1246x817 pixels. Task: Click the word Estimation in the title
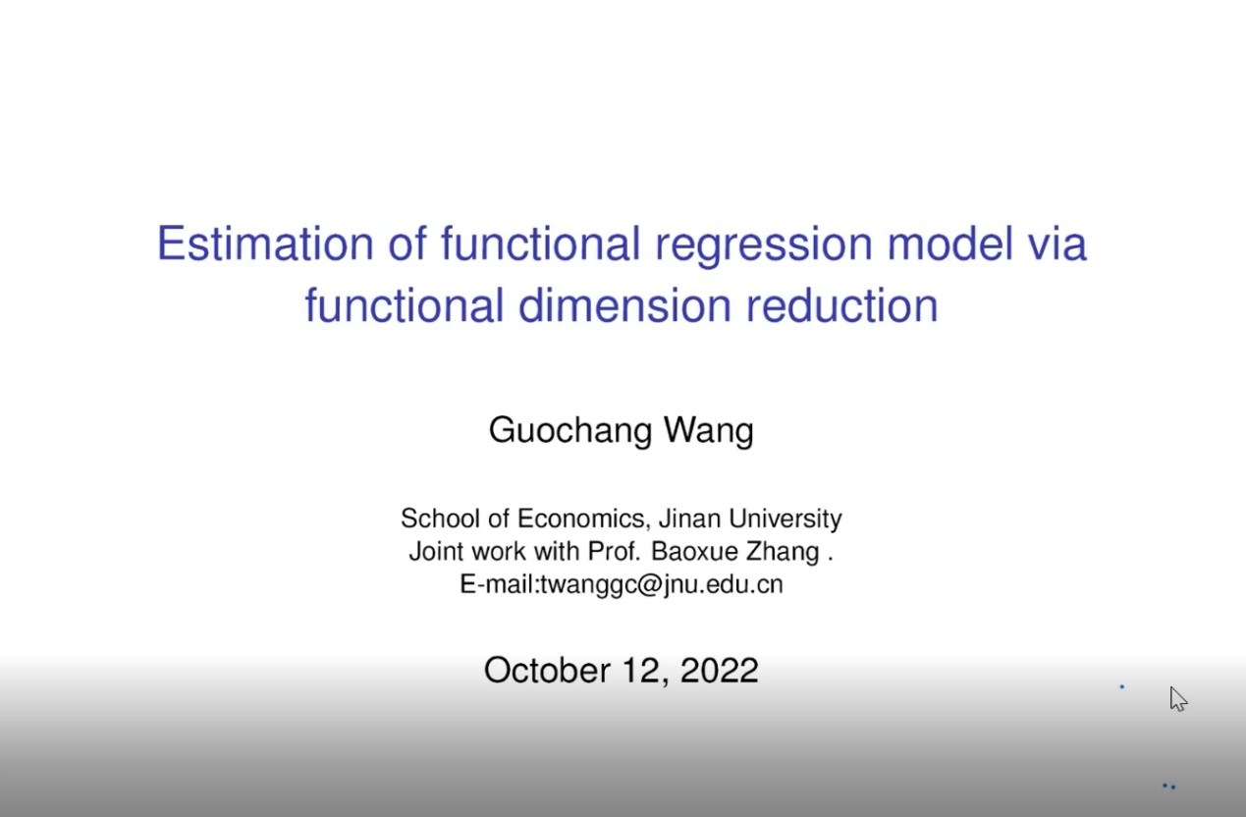point(265,244)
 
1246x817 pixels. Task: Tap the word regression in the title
point(764,245)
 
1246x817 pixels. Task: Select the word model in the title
point(949,243)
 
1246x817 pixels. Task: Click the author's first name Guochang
point(570,430)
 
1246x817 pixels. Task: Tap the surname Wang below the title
point(709,430)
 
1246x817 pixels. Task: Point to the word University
point(785,519)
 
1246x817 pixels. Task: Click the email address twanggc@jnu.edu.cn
point(662,585)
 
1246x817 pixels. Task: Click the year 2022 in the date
point(720,670)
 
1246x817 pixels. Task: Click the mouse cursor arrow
point(1177,698)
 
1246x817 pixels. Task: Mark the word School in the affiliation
point(440,518)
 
